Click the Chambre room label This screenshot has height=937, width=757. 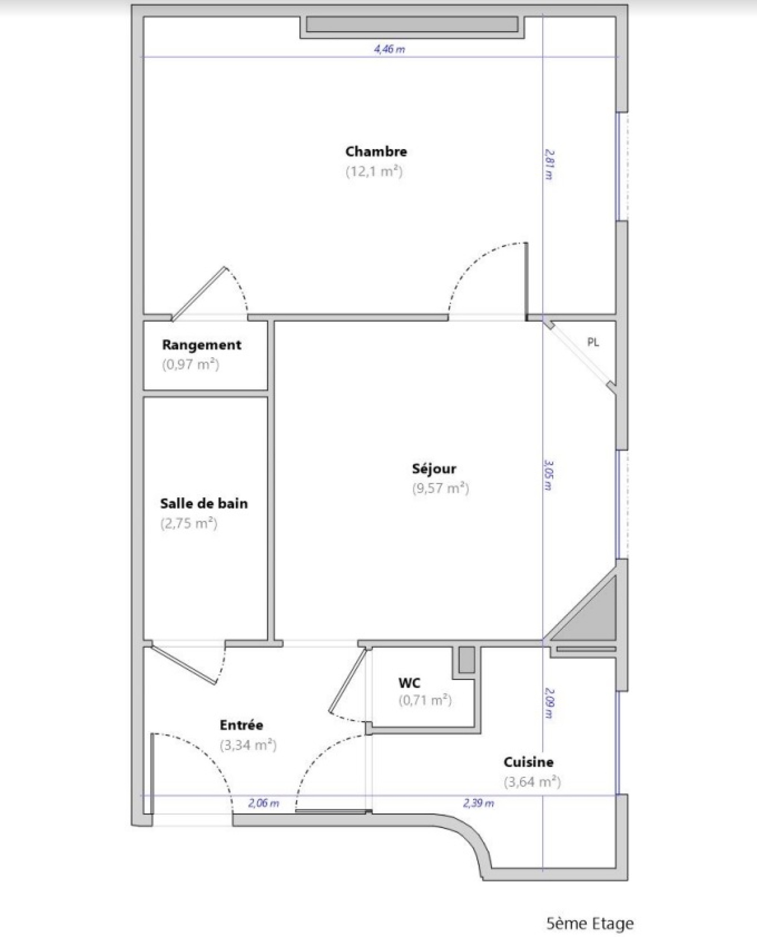(376, 152)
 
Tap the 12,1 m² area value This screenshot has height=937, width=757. (374, 171)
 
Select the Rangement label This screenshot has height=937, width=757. (202, 345)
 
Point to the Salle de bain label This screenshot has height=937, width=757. (204, 503)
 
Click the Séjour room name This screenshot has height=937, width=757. (434, 469)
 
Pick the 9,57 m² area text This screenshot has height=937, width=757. (440, 488)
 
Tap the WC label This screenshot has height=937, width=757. (409, 683)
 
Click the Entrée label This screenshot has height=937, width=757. (241, 725)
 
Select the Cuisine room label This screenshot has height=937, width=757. (528, 762)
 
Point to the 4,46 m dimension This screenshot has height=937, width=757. (389, 49)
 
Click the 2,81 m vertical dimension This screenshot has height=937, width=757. (549, 165)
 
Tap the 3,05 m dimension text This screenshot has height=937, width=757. (548, 475)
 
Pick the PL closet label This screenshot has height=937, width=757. (593, 342)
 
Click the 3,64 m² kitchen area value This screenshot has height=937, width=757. (532, 782)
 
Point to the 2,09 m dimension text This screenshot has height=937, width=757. (549, 703)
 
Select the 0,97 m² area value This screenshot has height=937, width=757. (191, 365)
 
